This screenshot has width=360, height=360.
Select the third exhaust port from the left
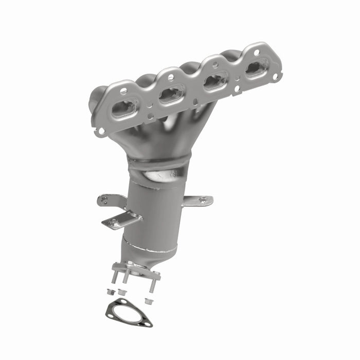(x=217, y=81)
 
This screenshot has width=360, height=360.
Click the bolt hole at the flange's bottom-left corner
(x=101, y=131)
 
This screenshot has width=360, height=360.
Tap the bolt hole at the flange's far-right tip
(x=275, y=76)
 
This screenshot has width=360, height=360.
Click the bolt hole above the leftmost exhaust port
(x=123, y=91)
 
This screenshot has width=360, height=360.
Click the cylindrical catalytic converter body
(x=154, y=211)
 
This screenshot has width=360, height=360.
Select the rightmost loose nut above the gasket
(x=149, y=299)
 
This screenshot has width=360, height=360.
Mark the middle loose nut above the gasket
(x=122, y=293)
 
